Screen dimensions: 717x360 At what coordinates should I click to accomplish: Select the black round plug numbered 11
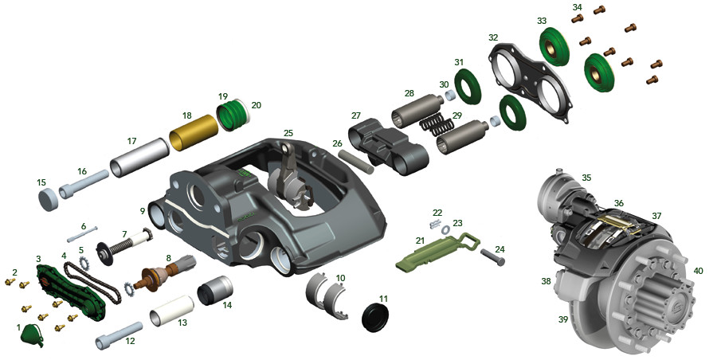(x=375, y=316)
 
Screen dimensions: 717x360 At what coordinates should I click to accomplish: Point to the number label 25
(x=288, y=133)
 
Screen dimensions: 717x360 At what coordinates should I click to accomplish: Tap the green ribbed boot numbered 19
(x=231, y=114)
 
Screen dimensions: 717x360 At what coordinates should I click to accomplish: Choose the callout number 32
(x=493, y=37)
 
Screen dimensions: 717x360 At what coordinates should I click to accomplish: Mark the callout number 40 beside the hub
(x=698, y=270)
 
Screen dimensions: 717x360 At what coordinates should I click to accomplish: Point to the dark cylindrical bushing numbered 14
(x=215, y=291)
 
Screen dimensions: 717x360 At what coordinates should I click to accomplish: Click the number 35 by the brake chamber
(x=586, y=178)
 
